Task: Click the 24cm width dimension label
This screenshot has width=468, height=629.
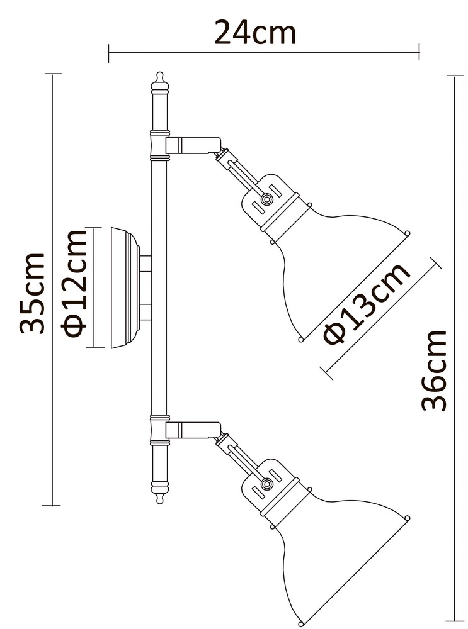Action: (x=255, y=33)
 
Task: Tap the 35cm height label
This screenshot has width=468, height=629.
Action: (x=31, y=293)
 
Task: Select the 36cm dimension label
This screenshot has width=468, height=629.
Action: (x=434, y=370)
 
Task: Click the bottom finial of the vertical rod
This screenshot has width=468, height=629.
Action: (x=160, y=493)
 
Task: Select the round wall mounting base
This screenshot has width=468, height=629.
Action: (x=125, y=288)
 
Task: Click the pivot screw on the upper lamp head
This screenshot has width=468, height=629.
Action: (x=266, y=199)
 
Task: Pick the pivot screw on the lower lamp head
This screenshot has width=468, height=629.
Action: (x=266, y=484)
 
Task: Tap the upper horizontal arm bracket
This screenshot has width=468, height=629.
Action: (x=193, y=145)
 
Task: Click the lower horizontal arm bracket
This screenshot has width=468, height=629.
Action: (x=193, y=430)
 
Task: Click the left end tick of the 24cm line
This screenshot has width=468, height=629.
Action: (x=108, y=53)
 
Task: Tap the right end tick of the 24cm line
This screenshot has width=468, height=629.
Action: (x=419, y=52)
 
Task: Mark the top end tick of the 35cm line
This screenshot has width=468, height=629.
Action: (x=53, y=74)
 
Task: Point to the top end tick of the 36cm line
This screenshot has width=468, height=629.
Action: (x=455, y=75)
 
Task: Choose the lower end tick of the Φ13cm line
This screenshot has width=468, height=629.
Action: (x=326, y=372)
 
